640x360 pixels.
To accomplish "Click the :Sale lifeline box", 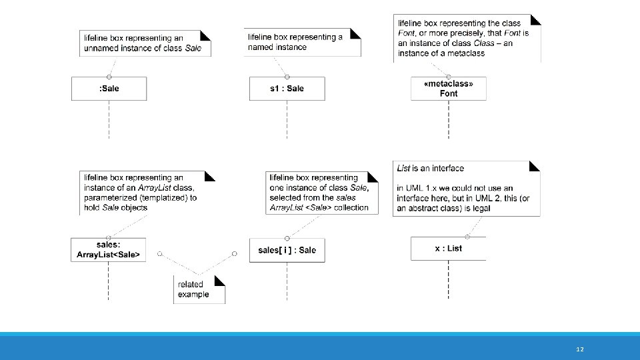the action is pos(109,89).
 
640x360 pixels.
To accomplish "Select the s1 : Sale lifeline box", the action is pos(287,89).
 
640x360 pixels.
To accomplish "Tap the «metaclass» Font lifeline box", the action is pos(449,89).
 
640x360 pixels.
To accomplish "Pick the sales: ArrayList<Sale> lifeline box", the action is pos(108,250).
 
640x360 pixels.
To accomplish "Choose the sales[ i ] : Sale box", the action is pos(287,250).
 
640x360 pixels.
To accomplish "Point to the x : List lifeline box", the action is pos(448,249).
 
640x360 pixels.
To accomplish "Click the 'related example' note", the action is pos(199,289).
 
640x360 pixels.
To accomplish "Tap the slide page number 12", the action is pos(580,349).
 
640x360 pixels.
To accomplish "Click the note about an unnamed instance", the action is pos(145,43).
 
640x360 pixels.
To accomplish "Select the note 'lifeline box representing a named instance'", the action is pos(303,42).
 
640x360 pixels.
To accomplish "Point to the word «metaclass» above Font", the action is pos(449,84).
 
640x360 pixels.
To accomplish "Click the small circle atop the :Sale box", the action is pos(109,77).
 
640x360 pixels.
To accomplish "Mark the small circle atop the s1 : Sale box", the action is pos(287,77).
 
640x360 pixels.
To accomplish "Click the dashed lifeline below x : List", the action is pos(448,279).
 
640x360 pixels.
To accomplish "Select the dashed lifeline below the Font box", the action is pos(449,119).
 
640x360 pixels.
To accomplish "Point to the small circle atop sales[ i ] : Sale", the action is pos(287,239).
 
